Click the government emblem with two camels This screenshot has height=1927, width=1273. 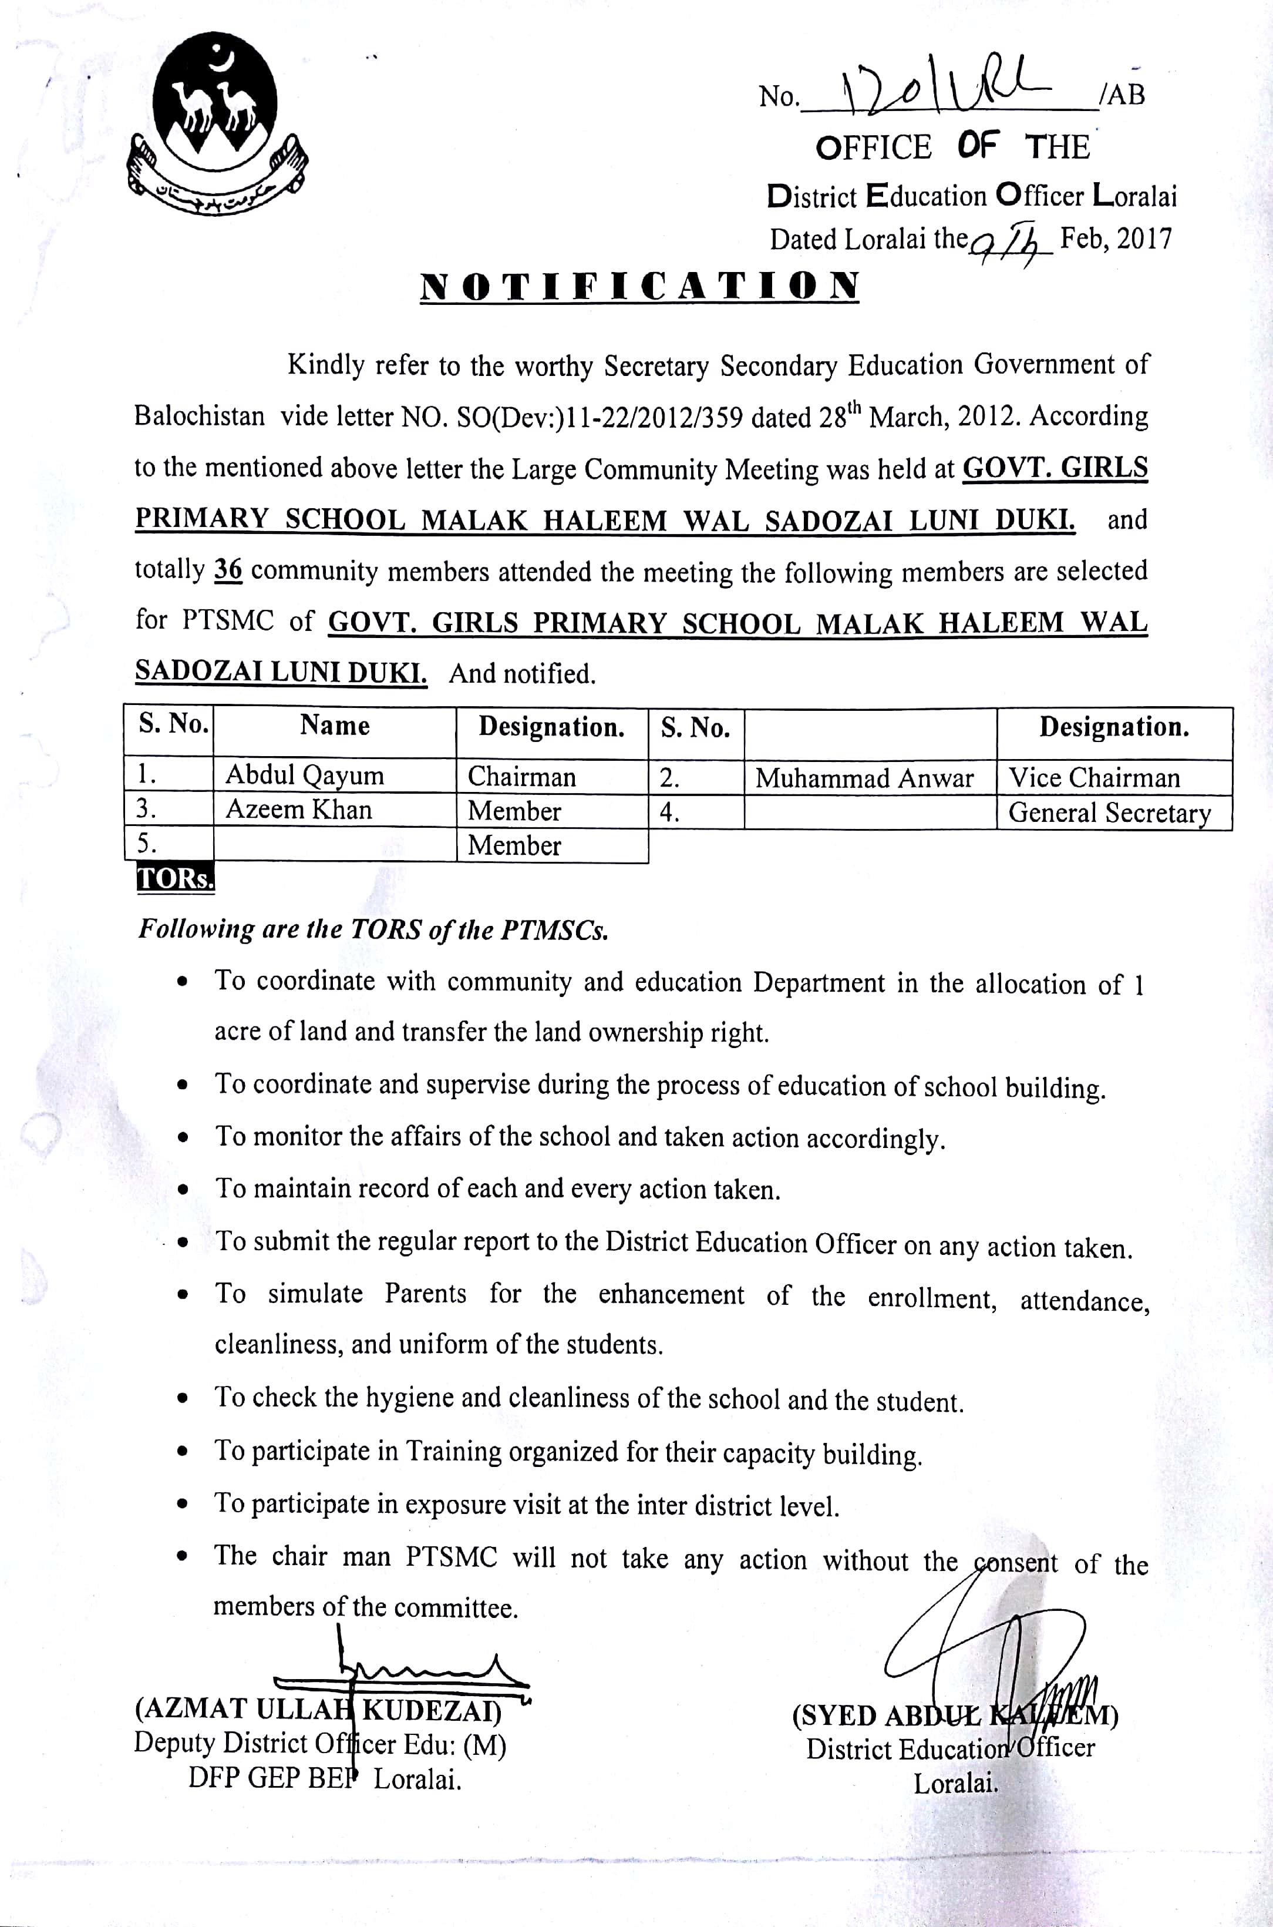(217, 122)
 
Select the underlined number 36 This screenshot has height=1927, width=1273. (228, 570)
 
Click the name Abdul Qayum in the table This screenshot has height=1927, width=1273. (304, 775)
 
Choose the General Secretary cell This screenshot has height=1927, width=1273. (1109, 813)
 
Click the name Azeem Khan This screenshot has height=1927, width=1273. (299, 810)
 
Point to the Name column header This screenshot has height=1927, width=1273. (335, 724)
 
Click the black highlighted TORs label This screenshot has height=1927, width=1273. (176, 879)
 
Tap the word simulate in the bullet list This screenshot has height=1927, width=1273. (315, 1294)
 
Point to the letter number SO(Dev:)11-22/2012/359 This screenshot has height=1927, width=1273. (600, 417)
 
